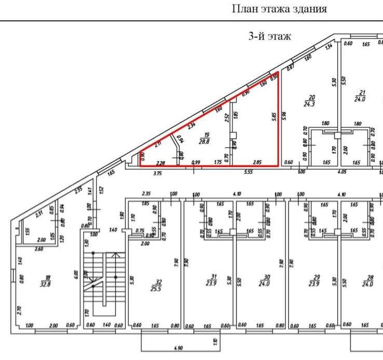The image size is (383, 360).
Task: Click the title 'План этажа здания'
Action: pos(279,9)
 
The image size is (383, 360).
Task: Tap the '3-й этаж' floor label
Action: pos(270,36)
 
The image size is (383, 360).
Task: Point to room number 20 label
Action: pos(311,97)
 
